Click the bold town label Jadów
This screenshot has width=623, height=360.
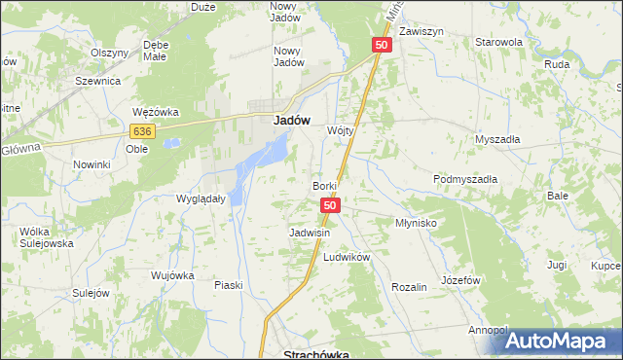pos(287,122)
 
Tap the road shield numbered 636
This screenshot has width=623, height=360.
pos(142,131)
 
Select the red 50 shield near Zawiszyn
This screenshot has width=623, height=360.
pos(381,46)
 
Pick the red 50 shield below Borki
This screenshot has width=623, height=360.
pos(331,205)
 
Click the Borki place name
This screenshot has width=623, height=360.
pos(324,186)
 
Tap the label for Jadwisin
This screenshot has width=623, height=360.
pos(310,234)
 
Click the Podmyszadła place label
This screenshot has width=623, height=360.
pos(465,179)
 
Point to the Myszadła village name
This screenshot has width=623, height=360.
pos(497,139)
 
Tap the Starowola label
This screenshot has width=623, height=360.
pos(498,43)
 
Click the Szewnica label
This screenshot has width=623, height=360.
pos(97,83)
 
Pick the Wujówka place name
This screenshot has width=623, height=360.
pos(173,275)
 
